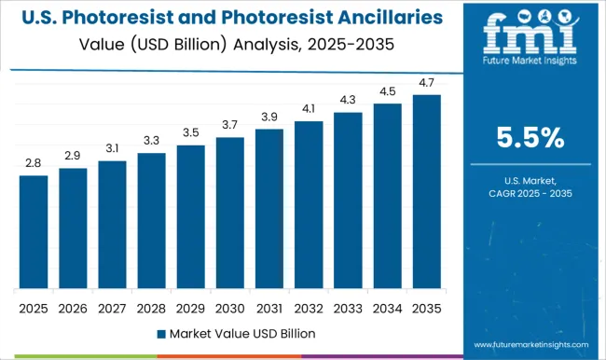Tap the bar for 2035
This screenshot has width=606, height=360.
pos(427,191)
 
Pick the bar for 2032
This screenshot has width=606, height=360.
pos(309,204)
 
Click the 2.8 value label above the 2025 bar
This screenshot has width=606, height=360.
pos(34,163)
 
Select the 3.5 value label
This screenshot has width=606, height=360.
pos(190,132)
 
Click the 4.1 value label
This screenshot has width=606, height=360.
pos(309,108)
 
